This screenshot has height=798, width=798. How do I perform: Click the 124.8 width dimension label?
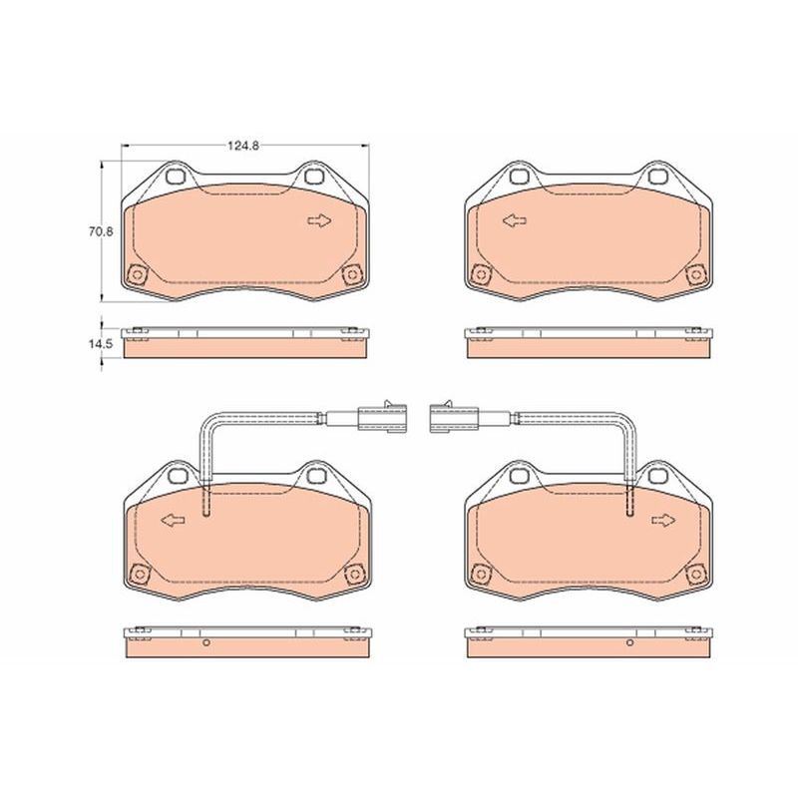(242, 146)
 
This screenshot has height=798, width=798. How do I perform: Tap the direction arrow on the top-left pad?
(319, 221)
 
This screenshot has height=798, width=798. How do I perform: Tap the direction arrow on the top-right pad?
(514, 221)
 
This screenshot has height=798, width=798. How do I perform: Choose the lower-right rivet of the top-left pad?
(350, 274)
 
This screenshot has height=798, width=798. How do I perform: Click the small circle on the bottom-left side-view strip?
(206, 643)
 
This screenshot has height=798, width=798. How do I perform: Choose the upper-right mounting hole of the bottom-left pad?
(316, 478)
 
